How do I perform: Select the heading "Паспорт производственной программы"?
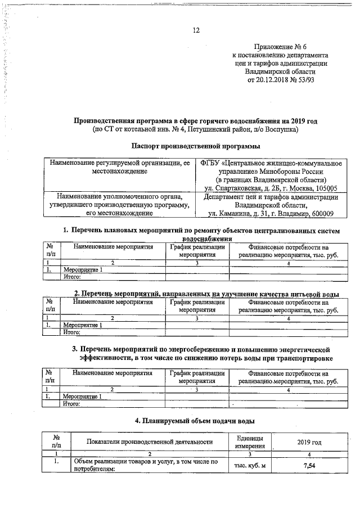tap(196, 146)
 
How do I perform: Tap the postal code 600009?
tap(319, 214)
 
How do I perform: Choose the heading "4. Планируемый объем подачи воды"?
tap(196, 420)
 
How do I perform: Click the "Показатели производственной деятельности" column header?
tap(149, 441)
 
